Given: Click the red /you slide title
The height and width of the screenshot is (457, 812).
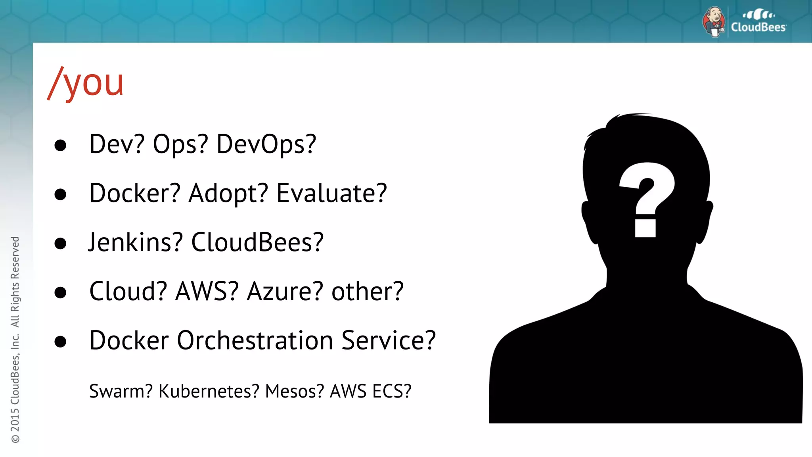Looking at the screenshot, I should tap(86, 83).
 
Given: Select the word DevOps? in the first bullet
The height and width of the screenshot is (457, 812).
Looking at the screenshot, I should tap(266, 144).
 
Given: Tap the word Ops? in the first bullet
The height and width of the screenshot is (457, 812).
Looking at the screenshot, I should tap(180, 144).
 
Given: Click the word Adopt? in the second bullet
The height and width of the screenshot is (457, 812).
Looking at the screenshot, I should tap(228, 194).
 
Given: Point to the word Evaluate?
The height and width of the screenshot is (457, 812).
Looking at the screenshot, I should tap(331, 194).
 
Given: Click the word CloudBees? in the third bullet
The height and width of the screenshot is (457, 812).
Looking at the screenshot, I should tap(257, 242).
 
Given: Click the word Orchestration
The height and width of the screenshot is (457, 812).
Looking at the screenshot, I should tap(255, 341).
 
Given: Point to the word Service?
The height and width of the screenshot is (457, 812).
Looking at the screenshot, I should tap(389, 341).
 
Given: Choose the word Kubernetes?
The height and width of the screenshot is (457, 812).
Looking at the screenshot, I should tap(209, 392).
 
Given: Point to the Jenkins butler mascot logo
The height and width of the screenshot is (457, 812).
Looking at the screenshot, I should tap(714, 22).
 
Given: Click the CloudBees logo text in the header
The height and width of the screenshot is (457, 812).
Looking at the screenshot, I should tap(758, 27).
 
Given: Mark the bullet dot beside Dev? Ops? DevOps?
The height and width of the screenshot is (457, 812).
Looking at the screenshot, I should tap(60, 146).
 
